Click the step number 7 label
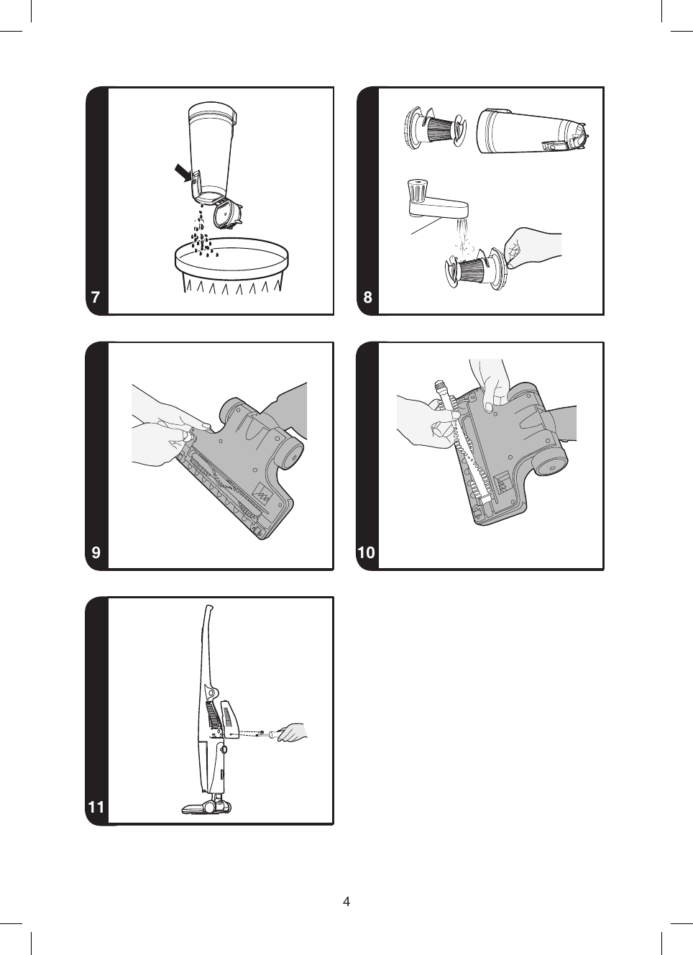click(x=96, y=298)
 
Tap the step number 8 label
click(x=367, y=298)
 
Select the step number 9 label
click(x=96, y=552)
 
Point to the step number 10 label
click(x=366, y=552)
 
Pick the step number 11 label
click(x=96, y=807)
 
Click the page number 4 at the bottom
click(x=346, y=902)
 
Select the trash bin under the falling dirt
click(x=231, y=270)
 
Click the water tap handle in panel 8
click(x=416, y=191)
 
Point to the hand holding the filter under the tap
click(x=531, y=247)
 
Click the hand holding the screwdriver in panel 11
click(x=293, y=733)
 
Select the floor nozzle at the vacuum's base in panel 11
click(x=206, y=806)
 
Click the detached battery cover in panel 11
click(x=229, y=720)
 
